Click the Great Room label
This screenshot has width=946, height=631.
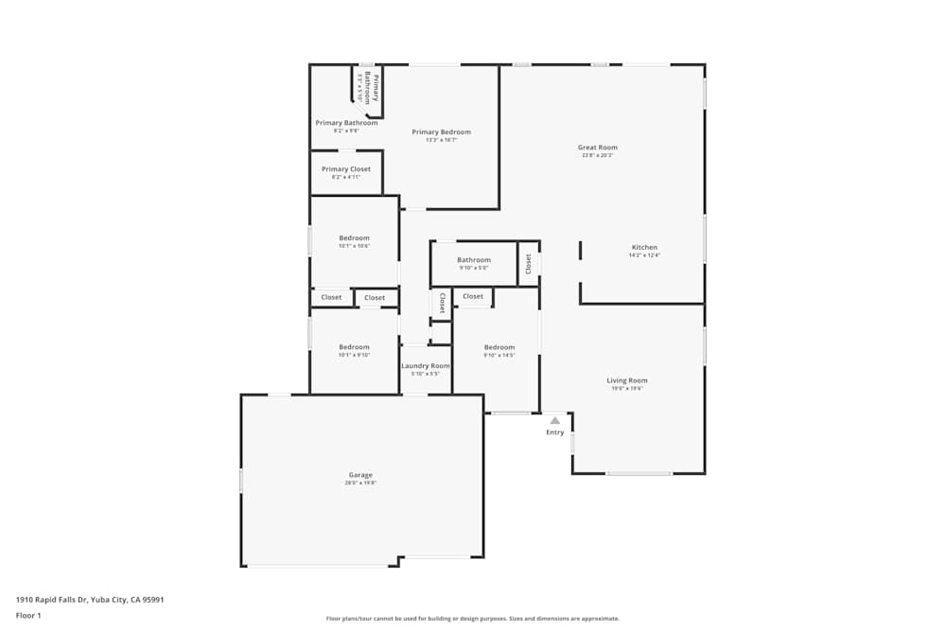pyautogui.click(x=597, y=148)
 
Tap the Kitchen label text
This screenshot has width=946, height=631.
pyautogui.click(x=644, y=248)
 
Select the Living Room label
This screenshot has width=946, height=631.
pyautogui.click(x=626, y=380)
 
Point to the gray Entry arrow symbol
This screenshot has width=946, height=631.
pyautogui.click(x=555, y=421)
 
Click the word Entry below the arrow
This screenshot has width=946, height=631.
pyautogui.click(x=555, y=432)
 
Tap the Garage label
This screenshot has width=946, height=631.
pyautogui.click(x=360, y=475)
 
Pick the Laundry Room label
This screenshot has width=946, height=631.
pyautogui.click(x=426, y=366)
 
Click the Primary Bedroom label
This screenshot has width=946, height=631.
pyautogui.click(x=441, y=132)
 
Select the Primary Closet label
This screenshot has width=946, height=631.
pyautogui.click(x=346, y=169)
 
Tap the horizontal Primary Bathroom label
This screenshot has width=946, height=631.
pyautogui.click(x=346, y=123)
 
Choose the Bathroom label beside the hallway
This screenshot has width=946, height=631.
pyautogui.click(x=474, y=260)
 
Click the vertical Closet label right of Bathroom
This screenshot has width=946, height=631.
pyautogui.click(x=529, y=264)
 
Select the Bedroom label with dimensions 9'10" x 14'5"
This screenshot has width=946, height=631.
pyautogui.click(x=499, y=347)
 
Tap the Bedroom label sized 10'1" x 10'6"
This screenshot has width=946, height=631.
pyautogui.click(x=355, y=238)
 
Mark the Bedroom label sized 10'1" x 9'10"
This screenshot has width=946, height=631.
pyautogui.click(x=355, y=347)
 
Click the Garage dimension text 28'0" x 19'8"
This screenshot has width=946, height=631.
pyautogui.click(x=360, y=483)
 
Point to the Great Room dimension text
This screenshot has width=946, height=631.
pyautogui.click(x=597, y=155)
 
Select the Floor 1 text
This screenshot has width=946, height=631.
pyautogui.click(x=28, y=615)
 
